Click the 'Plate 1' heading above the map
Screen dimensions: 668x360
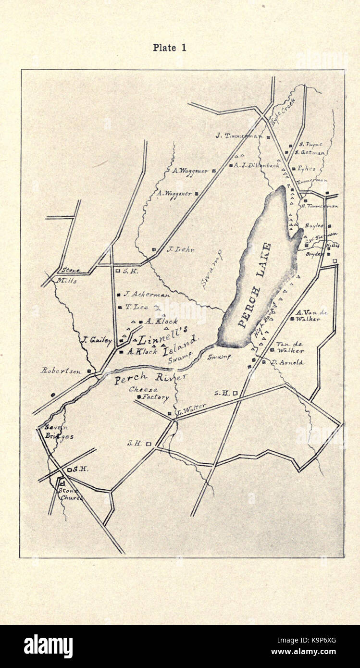(169, 48)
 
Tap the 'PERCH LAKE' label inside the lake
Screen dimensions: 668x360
(255, 286)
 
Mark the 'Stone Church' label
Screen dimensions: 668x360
(70, 494)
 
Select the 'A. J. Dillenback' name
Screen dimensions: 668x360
(257, 165)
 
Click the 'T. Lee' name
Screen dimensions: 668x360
(137, 307)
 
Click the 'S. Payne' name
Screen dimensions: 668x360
(310, 144)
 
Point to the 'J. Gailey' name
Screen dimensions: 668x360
(97, 340)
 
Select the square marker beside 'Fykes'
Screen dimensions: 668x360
(292, 169)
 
